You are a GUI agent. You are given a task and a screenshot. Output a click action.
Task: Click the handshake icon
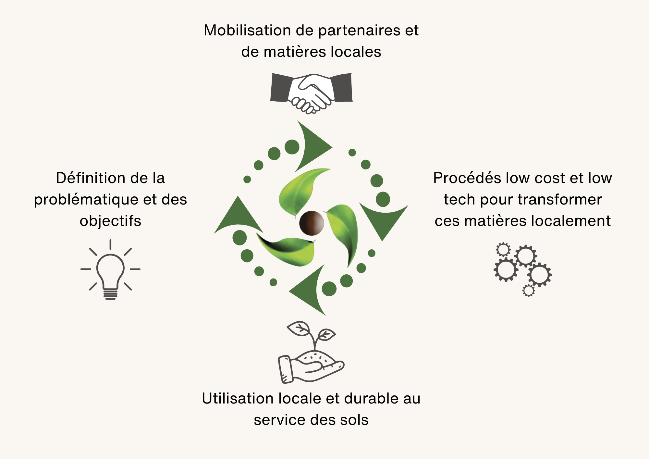point(311,93)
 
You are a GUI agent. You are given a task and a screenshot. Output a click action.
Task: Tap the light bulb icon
point(110,269)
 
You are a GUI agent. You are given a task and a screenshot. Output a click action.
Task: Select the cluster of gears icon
point(522,269)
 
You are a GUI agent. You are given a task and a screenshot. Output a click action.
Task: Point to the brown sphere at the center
point(312,223)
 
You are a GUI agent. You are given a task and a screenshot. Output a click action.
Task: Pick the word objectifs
point(110,221)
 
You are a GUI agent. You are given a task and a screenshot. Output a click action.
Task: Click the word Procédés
point(467,178)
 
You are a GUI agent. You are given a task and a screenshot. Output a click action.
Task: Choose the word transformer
point(557,200)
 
